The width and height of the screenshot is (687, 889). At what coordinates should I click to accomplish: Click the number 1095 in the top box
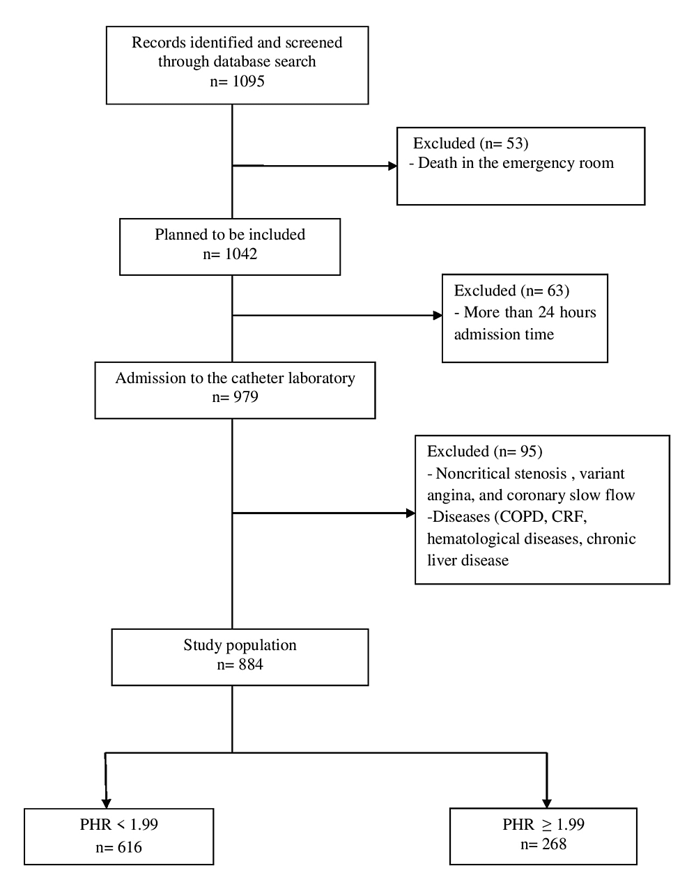pyautogui.click(x=248, y=81)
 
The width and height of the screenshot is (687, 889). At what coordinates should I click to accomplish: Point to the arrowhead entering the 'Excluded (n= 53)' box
pyautogui.click(x=392, y=166)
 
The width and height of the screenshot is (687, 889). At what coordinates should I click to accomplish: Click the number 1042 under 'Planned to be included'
pyautogui.click(x=241, y=254)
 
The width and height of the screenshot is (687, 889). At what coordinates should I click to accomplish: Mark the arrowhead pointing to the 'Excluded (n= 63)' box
pyautogui.click(x=438, y=316)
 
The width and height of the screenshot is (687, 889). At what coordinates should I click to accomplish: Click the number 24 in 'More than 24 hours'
pyautogui.click(x=546, y=312)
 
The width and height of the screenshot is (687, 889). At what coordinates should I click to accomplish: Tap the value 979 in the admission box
pyautogui.click(x=246, y=397)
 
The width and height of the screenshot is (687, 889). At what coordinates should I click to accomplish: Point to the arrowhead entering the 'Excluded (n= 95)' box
pyautogui.click(x=410, y=513)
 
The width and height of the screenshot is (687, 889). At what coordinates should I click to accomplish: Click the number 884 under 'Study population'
pyautogui.click(x=251, y=665)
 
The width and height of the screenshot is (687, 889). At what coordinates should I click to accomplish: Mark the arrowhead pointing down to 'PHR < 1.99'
pyautogui.click(x=107, y=803)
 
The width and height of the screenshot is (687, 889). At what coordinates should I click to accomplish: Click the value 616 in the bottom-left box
pyautogui.click(x=130, y=847)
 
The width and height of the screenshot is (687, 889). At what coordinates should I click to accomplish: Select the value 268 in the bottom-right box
pyautogui.click(x=554, y=844)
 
